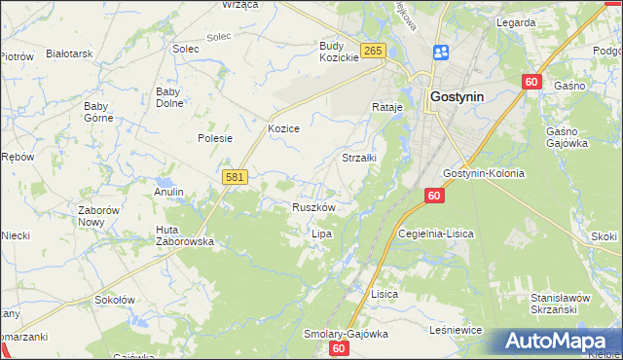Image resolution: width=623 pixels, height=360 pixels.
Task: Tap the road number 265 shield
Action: point(373,51)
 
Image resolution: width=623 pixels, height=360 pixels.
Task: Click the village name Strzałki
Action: point(359,157)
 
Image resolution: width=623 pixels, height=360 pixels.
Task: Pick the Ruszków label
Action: point(313,207)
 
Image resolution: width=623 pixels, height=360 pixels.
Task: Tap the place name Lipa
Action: point(321,234)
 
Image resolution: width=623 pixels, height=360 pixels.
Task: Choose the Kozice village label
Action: point(283,128)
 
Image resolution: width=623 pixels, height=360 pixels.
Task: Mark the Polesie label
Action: point(215,138)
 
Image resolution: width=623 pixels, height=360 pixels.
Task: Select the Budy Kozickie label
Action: point(340,52)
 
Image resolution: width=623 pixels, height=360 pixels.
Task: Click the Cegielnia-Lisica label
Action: point(437,234)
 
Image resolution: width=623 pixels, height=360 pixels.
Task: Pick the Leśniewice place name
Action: point(456,331)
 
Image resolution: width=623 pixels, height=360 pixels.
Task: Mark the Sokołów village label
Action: point(114,301)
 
